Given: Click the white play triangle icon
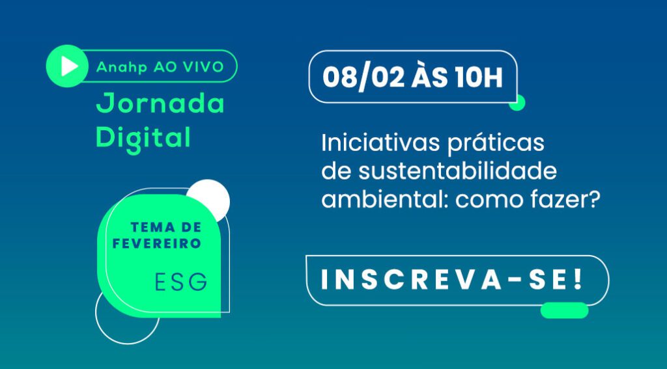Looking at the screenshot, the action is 69,66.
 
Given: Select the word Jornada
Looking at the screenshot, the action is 160,103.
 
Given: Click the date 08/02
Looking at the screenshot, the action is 363,78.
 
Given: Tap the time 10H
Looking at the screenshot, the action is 478,78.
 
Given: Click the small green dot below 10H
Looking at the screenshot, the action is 517,103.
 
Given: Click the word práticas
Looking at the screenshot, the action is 496,144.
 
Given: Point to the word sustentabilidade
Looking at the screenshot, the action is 457,171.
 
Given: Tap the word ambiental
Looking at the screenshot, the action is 384,199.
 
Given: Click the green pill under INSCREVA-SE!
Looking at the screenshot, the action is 564,310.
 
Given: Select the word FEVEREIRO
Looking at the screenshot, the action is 156,243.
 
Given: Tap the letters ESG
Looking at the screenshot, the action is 181,281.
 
